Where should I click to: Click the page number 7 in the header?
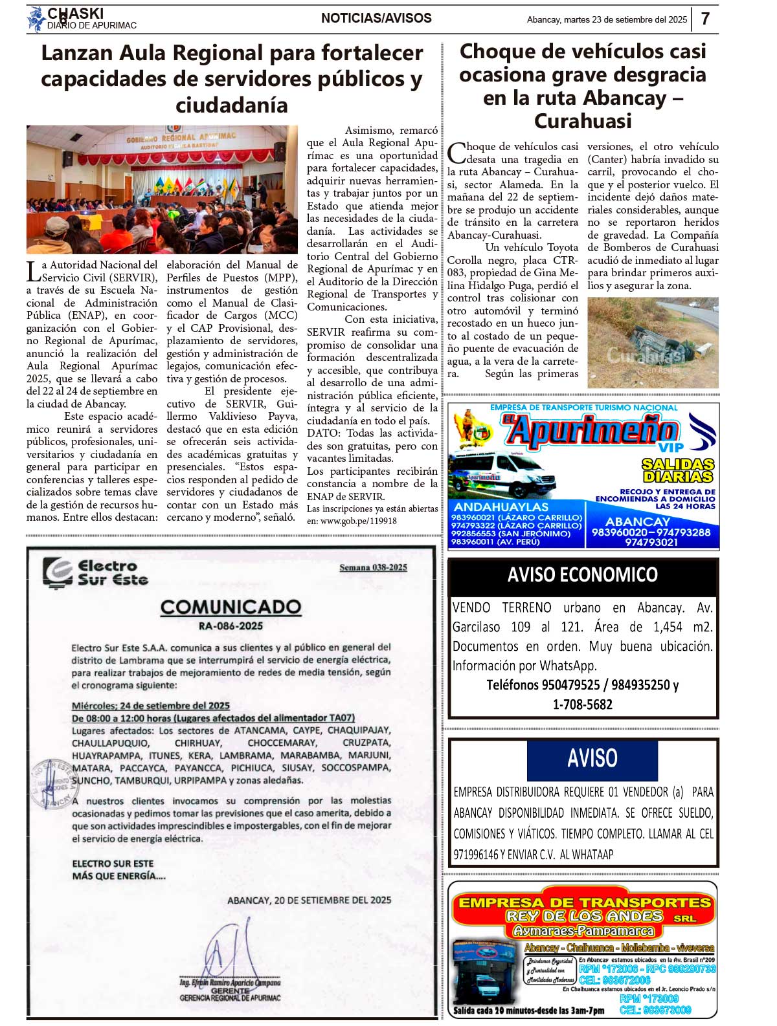(x=705, y=19)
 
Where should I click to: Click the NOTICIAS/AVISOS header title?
(x=376, y=18)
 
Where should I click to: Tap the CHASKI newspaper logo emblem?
(x=35, y=19)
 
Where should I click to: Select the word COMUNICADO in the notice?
(x=231, y=607)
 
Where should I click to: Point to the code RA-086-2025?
(x=231, y=626)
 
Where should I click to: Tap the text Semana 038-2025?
(x=373, y=567)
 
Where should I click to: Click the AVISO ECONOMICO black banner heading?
(x=582, y=574)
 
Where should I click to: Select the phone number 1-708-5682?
(x=582, y=704)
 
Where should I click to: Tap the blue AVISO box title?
(x=592, y=758)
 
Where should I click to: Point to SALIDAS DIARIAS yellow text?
(x=678, y=470)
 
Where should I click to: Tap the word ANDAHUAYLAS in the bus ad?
(x=501, y=507)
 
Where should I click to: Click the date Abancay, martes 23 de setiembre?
(x=607, y=19)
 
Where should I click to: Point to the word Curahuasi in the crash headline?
(x=582, y=121)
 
